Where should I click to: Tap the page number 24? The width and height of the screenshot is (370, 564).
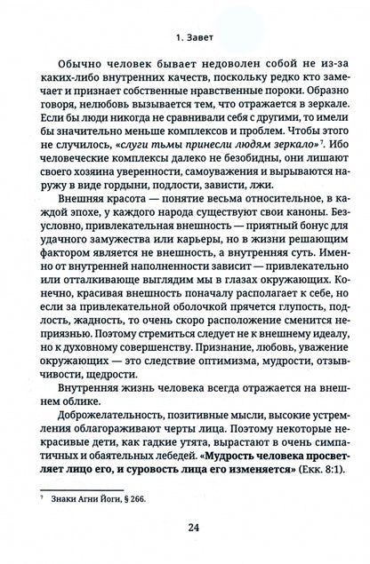[x=184, y=527]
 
